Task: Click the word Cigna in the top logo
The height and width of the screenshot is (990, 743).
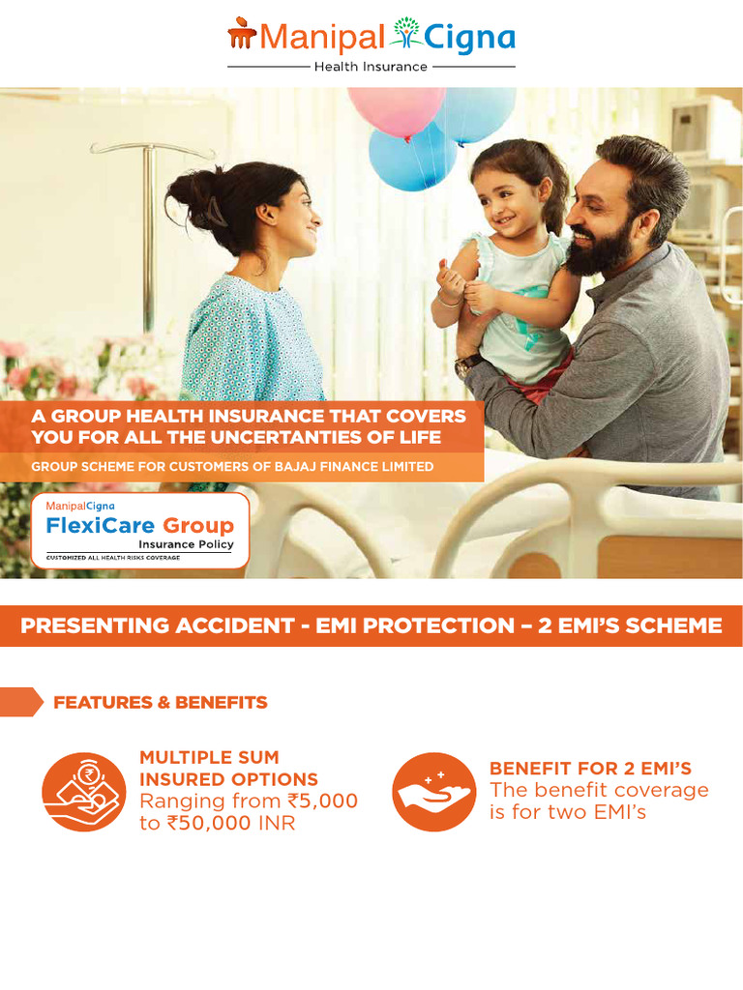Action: pos(472,38)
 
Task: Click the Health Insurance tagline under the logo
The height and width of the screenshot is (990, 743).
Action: pos(371,67)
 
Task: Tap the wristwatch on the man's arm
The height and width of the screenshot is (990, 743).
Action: pos(468,364)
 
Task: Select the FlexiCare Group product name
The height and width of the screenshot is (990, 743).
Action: pos(140,525)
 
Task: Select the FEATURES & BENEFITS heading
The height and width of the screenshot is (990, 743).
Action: pos(161,703)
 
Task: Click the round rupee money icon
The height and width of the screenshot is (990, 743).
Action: pos(84,792)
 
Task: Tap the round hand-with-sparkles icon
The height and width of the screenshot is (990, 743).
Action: pos(432,792)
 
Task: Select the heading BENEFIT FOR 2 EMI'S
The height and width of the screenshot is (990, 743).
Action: pos(590,769)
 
